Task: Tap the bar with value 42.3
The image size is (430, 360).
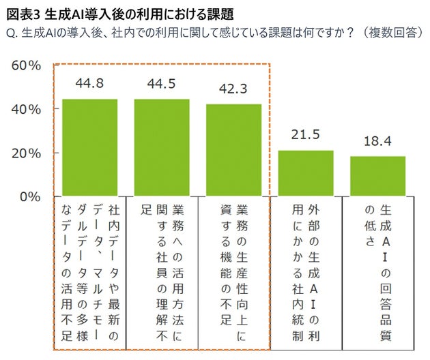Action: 233,151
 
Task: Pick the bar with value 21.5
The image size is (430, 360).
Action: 306,173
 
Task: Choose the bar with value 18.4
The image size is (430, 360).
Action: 377,177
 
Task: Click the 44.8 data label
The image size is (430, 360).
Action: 89,84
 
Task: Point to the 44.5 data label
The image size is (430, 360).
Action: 162,84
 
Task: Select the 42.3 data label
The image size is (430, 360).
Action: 233,89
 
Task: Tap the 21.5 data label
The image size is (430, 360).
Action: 306,134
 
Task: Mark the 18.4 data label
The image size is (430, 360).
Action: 377,141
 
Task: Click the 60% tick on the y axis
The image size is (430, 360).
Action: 27,65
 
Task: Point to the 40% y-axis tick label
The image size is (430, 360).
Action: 27,109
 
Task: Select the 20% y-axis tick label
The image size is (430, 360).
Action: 27,153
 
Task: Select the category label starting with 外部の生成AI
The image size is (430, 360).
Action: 306,269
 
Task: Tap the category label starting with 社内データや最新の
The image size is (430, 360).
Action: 89,269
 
